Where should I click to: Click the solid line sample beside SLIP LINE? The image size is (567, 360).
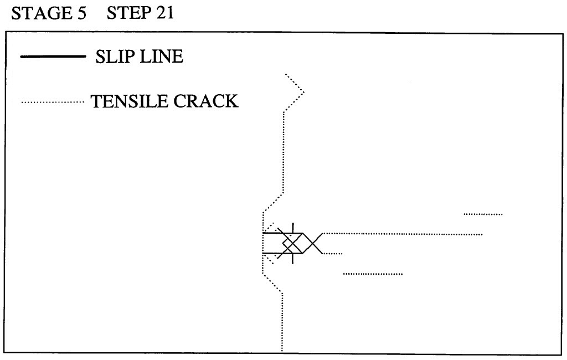(x=53, y=56)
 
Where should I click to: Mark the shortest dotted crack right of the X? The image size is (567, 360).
(x=333, y=254)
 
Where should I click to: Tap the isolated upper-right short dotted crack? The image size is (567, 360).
(x=483, y=214)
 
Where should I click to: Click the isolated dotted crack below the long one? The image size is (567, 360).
(x=373, y=274)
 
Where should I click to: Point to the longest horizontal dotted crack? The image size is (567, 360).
(x=403, y=234)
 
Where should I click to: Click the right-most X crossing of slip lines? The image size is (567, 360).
(x=313, y=243)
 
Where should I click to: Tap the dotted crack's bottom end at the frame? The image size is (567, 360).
(x=282, y=351)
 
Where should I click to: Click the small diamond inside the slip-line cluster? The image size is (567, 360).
(x=288, y=243)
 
